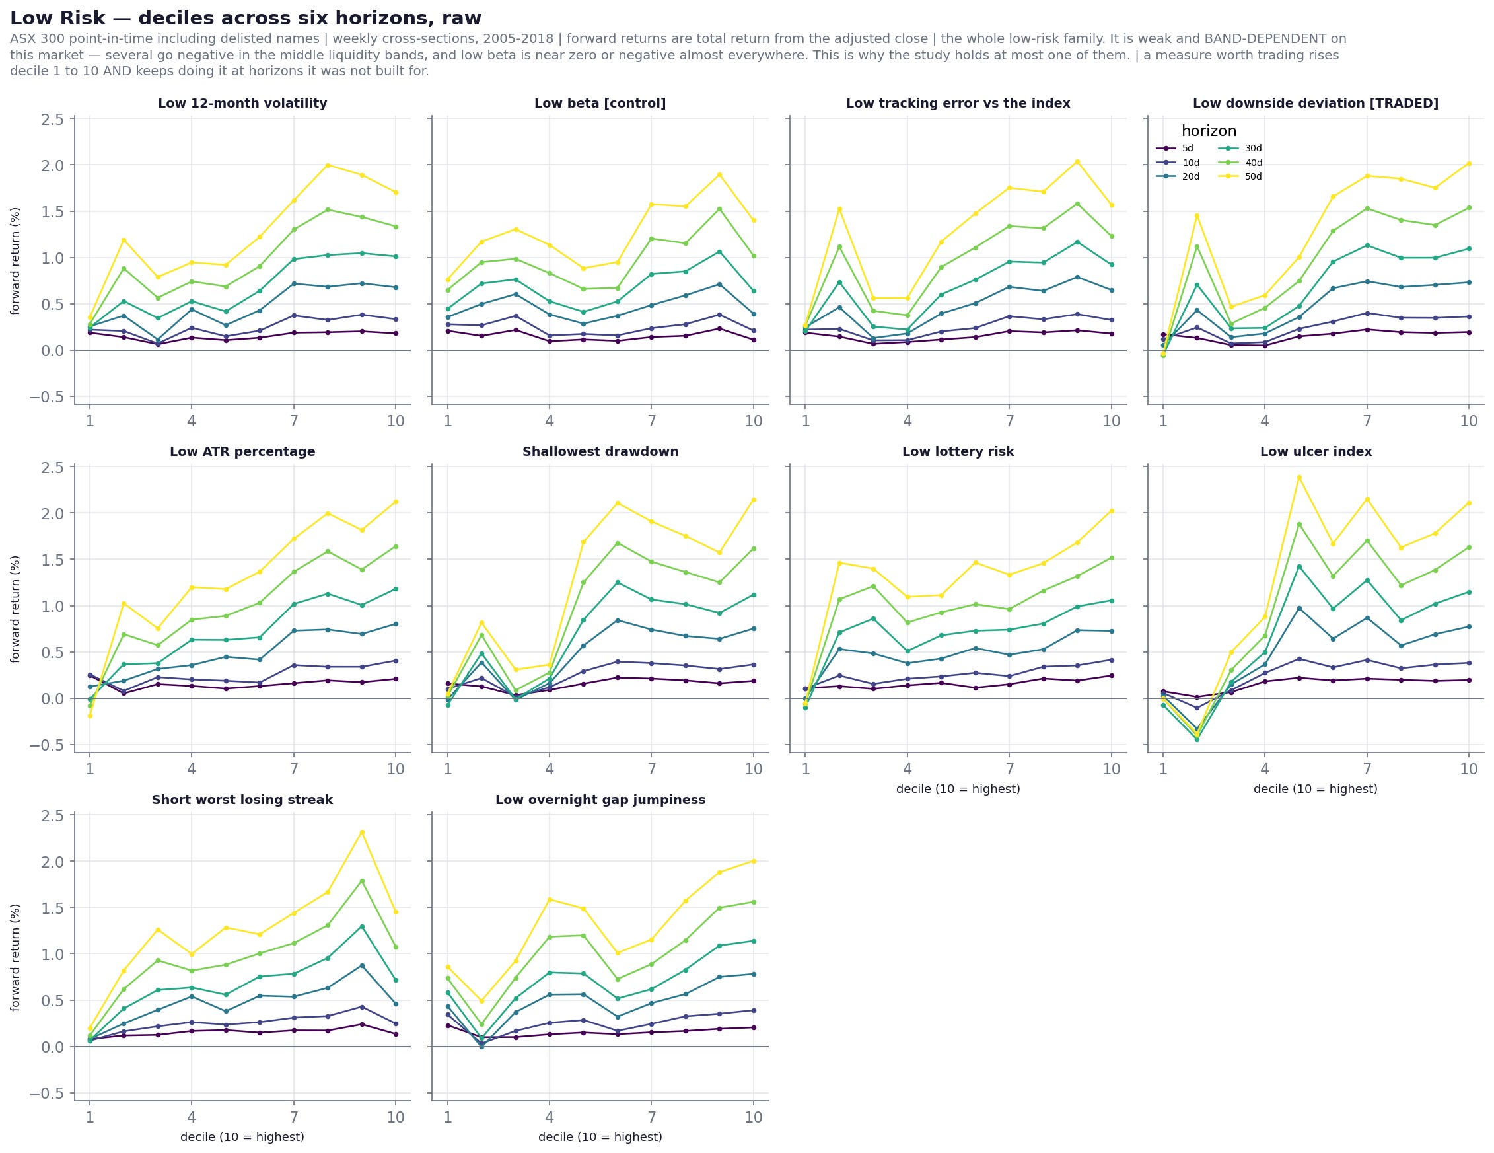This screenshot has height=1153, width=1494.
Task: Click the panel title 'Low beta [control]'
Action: pyautogui.click(x=600, y=103)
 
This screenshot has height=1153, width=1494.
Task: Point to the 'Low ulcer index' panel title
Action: pyautogui.click(x=1316, y=452)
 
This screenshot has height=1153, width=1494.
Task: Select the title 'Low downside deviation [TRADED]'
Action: pyautogui.click(x=1316, y=103)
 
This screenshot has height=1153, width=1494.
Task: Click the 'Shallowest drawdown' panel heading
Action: pyautogui.click(x=600, y=452)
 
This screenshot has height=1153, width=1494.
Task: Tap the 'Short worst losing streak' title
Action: pyautogui.click(x=242, y=800)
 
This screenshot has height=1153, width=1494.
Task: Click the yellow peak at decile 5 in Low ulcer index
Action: pyautogui.click(x=1299, y=478)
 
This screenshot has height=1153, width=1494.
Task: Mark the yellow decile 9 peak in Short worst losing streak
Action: pyautogui.click(x=362, y=832)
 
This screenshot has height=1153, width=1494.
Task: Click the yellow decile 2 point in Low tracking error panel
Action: pyautogui.click(x=839, y=209)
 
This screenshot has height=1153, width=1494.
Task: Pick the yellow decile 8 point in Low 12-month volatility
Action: pyautogui.click(x=328, y=165)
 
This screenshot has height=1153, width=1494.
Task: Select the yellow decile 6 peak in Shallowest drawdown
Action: pyautogui.click(x=618, y=503)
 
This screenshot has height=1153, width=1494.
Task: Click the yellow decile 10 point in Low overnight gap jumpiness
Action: pyautogui.click(x=753, y=861)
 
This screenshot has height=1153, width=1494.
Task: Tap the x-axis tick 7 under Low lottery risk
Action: pyautogui.click(x=1009, y=769)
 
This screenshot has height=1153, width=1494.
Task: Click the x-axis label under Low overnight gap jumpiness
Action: pyautogui.click(x=600, y=1137)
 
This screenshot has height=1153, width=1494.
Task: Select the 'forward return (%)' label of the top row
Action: pyautogui.click(x=16, y=261)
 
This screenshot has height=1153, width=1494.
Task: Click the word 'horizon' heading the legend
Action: pyautogui.click(x=1209, y=131)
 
